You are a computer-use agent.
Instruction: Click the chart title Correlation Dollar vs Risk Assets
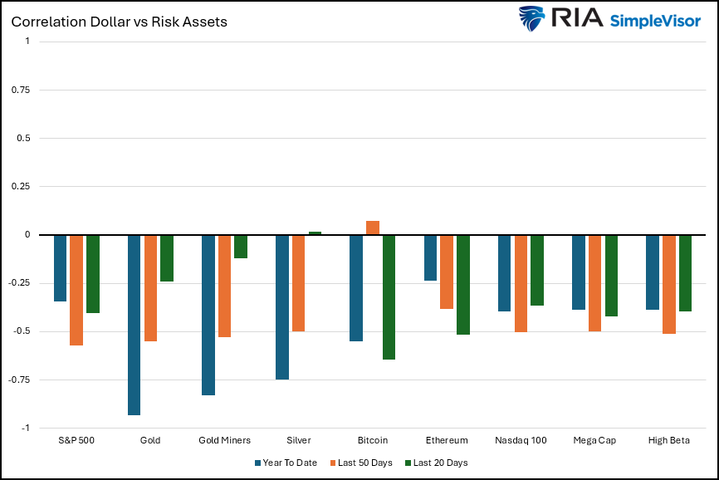(x=119, y=22)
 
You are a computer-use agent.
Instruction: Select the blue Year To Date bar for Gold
(x=134, y=325)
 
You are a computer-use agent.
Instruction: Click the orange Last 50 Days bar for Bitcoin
(x=373, y=228)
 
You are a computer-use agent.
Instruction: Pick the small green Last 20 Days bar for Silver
(x=315, y=233)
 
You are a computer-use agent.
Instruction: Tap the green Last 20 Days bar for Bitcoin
(x=389, y=296)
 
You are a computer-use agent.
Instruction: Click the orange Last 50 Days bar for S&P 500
(x=76, y=290)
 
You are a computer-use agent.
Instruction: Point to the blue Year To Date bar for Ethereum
(x=430, y=257)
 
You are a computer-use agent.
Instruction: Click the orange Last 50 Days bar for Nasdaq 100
(x=521, y=283)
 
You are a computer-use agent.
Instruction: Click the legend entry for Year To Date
(x=286, y=463)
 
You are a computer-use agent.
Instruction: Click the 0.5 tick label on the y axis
(x=23, y=138)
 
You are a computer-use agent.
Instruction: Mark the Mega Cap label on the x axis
(x=594, y=440)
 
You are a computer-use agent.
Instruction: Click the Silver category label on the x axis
(x=298, y=440)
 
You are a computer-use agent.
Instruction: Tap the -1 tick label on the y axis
(x=26, y=429)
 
